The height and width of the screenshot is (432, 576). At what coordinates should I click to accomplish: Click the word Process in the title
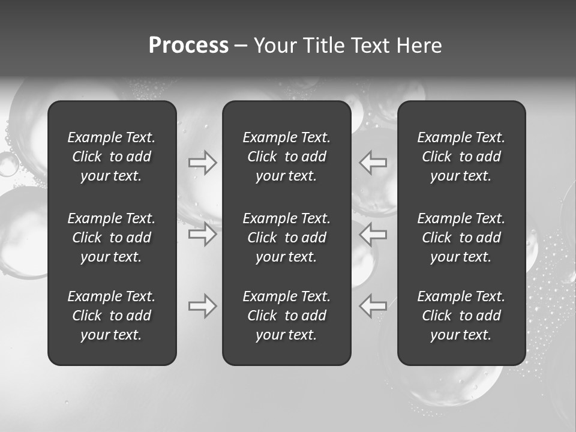click(188, 46)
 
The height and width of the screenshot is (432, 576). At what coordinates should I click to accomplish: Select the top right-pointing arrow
click(203, 163)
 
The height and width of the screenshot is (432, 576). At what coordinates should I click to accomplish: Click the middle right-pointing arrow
click(203, 234)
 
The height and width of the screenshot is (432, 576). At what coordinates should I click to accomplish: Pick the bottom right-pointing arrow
click(203, 306)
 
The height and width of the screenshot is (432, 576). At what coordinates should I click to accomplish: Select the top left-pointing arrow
click(373, 163)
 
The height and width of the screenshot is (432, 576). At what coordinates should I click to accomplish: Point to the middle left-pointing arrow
click(373, 234)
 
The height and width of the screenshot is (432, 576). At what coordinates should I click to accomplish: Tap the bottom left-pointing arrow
click(373, 306)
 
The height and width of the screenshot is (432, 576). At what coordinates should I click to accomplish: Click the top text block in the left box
click(112, 157)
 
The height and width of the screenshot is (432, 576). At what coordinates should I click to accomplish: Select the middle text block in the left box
click(112, 238)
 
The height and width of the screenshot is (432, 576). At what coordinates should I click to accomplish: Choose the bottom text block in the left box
click(112, 316)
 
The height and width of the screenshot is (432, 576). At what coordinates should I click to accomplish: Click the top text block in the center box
click(287, 157)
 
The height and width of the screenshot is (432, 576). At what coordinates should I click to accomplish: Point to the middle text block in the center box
click(287, 238)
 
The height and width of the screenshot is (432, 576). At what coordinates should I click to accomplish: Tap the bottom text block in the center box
click(287, 316)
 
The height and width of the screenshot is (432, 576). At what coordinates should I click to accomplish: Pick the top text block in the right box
click(461, 157)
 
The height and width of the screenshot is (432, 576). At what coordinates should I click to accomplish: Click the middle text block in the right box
click(461, 238)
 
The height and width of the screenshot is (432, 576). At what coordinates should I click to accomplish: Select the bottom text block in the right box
click(461, 316)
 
